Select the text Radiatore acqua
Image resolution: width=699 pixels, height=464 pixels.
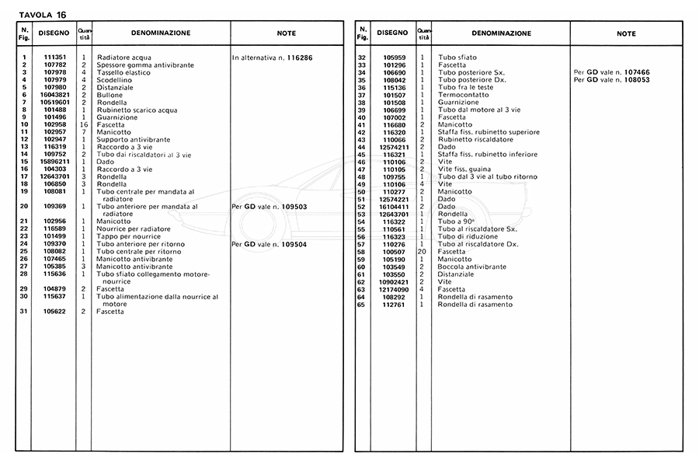click(x=124, y=58)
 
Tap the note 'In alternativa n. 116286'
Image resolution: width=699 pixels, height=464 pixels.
click(x=276, y=58)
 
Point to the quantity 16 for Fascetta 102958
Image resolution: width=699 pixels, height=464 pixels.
click(x=83, y=124)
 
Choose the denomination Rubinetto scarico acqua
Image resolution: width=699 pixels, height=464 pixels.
click(x=137, y=110)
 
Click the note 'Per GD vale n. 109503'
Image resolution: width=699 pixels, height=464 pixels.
click(x=270, y=206)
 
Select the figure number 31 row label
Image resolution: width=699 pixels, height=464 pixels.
click(x=24, y=312)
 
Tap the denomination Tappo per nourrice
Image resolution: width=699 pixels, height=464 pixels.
click(x=130, y=235)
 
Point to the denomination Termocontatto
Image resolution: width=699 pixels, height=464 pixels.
click(x=464, y=95)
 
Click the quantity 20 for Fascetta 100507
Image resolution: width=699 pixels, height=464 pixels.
click(x=422, y=252)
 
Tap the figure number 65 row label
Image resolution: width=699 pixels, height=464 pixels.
click(x=361, y=304)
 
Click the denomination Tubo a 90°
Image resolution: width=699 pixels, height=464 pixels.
click(x=457, y=222)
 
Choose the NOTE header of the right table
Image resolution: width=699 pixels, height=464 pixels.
click(x=626, y=34)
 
